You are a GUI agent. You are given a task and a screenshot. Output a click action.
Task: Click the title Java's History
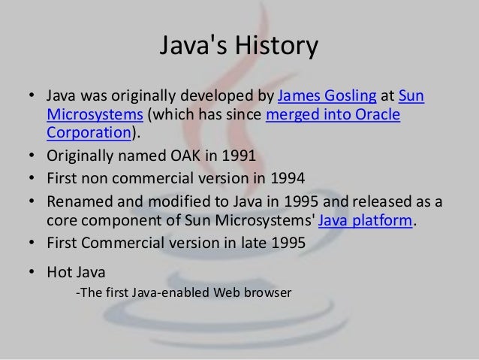click(x=239, y=48)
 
